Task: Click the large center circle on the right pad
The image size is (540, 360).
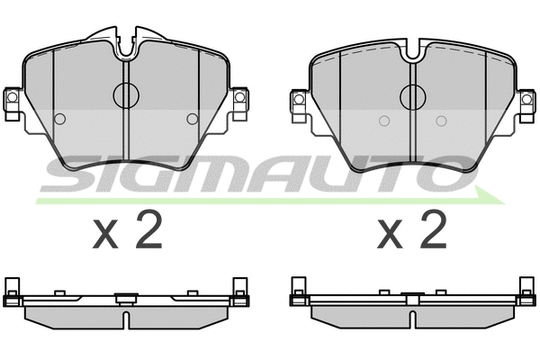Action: click(412, 94)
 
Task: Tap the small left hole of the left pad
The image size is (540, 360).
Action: click(60, 119)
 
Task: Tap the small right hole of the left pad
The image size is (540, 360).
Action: click(191, 119)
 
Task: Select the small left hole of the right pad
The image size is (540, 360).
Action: click(383, 121)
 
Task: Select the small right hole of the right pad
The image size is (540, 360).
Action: click(441, 121)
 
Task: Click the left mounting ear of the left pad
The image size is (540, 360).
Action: click(13, 101)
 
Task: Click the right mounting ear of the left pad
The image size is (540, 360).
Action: click(239, 101)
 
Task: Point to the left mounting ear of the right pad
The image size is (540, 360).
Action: click(298, 101)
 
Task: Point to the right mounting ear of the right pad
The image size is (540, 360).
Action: click(526, 101)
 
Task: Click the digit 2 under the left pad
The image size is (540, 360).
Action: click(148, 232)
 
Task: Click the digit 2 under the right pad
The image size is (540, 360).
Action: click(433, 232)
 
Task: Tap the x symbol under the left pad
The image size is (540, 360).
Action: click(107, 237)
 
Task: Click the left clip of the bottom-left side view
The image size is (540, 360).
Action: click(13, 287)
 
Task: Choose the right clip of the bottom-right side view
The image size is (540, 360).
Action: click(526, 287)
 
